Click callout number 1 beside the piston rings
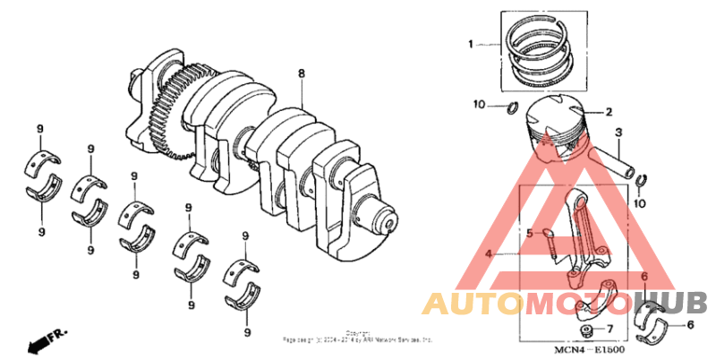[469, 43]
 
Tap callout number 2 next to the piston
[608, 113]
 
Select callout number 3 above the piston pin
[618, 134]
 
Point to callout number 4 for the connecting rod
[489, 253]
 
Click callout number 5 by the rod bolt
[529, 235]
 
